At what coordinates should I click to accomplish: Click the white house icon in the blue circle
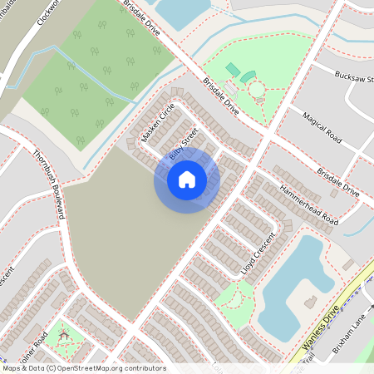(x=187, y=179)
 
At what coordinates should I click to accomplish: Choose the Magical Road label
(x=323, y=126)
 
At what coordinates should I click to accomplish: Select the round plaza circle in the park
(x=257, y=90)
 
